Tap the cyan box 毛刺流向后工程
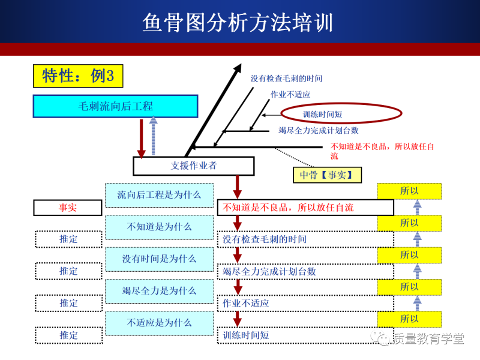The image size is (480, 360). [x=116, y=106]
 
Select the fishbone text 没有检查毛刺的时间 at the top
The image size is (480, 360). [x=286, y=79]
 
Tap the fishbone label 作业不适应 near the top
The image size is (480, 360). [x=290, y=94]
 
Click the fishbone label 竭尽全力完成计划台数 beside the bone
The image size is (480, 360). [x=318, y=130]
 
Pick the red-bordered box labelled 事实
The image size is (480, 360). [x=68, y=208]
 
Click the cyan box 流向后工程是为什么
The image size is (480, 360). [x=159, y=194]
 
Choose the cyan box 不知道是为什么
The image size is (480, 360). [x=159, y=227]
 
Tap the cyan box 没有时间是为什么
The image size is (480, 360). [x=159, y=259]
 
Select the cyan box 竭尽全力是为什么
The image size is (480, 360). [x=159, y=290]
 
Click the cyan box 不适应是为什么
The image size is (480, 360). [x=159, y=323]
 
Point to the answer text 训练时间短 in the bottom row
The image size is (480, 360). [x=246, y=335]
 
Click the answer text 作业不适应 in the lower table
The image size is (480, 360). [x=246, y=303]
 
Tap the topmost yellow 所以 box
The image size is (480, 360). [x=409, y=191]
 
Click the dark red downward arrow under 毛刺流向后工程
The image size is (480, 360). [x=142, y=138]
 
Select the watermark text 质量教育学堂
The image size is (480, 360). [x=428, y=339]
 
